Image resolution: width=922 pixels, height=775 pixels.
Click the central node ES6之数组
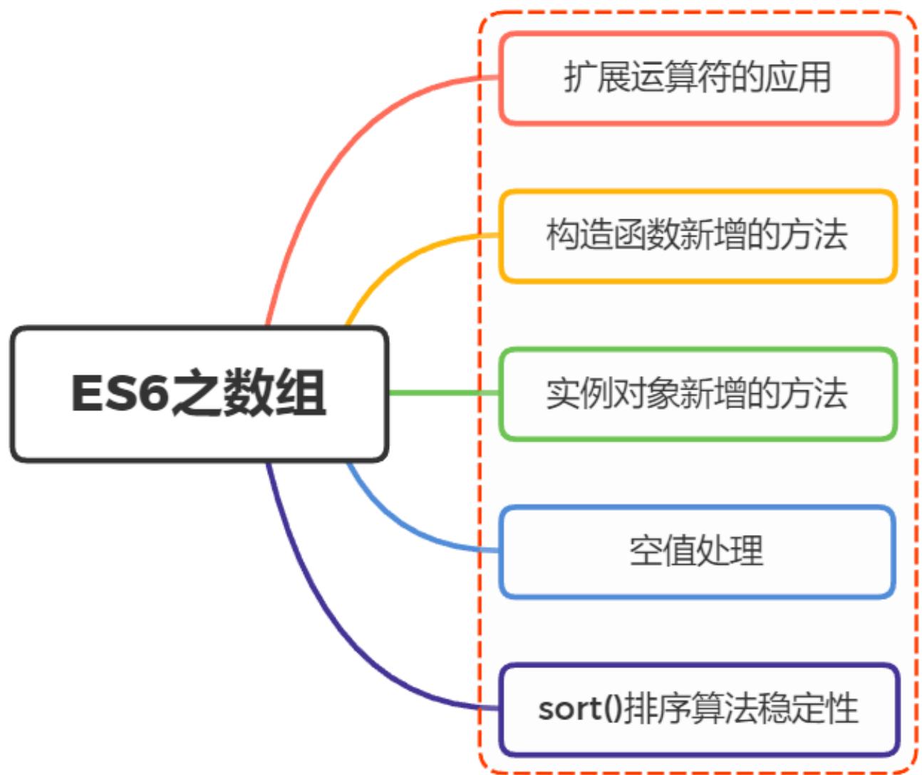click(200, 393)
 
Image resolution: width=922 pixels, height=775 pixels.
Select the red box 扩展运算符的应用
click(698, 78)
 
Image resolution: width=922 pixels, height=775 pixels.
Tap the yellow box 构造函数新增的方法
click(698, 236)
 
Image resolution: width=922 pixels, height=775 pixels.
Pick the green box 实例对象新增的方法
click(698, 394)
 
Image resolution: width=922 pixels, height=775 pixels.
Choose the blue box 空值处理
click(698, 551)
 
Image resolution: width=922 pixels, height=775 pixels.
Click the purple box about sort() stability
click(698, 709)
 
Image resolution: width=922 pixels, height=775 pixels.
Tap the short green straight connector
click(442, 393)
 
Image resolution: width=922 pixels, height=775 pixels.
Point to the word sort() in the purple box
click(579, 709)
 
